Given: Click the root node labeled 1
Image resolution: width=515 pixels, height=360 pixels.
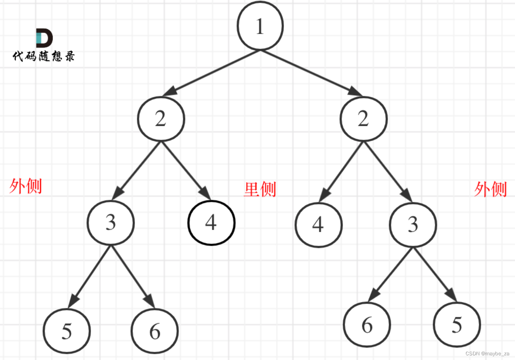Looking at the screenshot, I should [260, 26].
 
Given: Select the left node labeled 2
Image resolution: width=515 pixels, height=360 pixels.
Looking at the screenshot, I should [161, 119].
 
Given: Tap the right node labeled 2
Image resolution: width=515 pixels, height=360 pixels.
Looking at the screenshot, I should [363, 119].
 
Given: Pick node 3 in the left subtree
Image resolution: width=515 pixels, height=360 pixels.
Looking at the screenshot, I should [111, 223].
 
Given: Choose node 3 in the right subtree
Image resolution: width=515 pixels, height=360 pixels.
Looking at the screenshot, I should [413, 225].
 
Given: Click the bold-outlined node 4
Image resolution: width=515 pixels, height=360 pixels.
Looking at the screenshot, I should [211, 223].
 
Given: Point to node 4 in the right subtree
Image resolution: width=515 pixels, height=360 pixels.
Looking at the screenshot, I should [319, 225].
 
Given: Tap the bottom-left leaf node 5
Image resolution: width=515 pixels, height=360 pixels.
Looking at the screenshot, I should [67, 331].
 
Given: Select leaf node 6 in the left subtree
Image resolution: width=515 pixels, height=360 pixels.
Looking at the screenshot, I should [155, 331].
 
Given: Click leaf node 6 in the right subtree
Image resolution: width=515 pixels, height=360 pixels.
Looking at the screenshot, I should [367, 325].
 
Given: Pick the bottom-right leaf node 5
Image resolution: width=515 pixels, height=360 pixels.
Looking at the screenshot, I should [457, 325].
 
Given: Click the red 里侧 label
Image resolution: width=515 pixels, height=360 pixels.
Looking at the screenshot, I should [260, 189].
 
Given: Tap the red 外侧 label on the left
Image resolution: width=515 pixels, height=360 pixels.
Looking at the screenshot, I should [26, 186].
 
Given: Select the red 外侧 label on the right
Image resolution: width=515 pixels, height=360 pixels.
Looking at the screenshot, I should [490, 189].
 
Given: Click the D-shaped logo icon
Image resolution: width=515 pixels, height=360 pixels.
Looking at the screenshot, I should [44, 38].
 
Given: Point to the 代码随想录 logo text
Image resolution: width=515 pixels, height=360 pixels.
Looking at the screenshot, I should [44, 56].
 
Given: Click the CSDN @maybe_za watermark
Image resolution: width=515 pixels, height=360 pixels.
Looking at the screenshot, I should [487, 353].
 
